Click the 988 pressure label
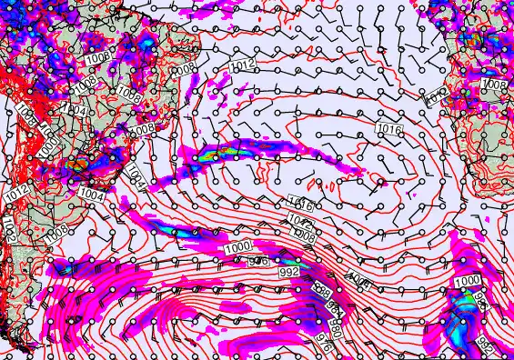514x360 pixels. [x=321, y=291]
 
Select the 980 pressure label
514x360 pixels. [x=339, y=325]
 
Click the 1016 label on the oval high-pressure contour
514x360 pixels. [x=388, y=131]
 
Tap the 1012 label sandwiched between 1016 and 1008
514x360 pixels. [x=306, y=221]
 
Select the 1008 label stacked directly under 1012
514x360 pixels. [x=306, y=235]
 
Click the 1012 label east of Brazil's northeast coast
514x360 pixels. [x=241, y=65]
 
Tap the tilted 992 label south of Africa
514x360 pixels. [x=486, y=347]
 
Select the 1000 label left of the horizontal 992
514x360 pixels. [x=240, y=247]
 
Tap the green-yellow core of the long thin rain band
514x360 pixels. [x=212, y=155]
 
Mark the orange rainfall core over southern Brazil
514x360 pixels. [x=78, y=165]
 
